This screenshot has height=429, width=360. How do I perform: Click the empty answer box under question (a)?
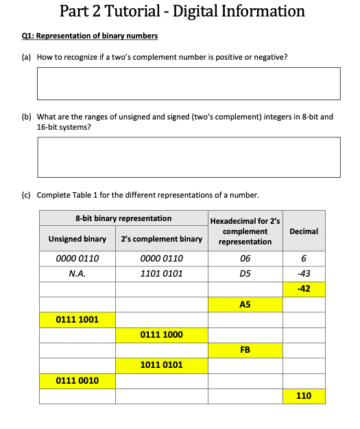tap(189, 83)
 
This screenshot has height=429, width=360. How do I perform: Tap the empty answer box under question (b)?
tap(189, 156)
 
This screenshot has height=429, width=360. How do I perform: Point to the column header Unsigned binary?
tap(77, 239)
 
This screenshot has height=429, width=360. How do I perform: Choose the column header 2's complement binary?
tap(161, 239)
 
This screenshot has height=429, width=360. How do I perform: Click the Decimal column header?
tap(304, 231)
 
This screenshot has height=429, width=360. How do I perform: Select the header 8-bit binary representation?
tap(123, 218)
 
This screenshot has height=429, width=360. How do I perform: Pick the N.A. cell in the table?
tap(77, 273)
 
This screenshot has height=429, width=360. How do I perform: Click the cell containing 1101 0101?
tap(161, 273)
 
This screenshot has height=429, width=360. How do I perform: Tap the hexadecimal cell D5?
tap(245, 273)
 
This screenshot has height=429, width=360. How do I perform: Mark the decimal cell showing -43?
tap(304, 273)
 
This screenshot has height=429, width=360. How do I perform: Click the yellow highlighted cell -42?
tap(304, 289)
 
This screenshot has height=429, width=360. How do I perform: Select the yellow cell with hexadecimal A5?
tap(245, 304)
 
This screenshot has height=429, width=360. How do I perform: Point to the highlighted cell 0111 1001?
tap(77, 319)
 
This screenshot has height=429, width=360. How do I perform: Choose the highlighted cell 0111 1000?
tap(161, 334)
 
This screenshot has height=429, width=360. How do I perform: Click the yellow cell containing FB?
tap(245, 349)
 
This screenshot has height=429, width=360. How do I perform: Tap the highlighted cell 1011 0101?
tap(161, 364)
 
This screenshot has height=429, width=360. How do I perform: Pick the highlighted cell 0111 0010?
tap(77, 380)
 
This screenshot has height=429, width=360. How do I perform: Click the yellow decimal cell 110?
tap(304, 396)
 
